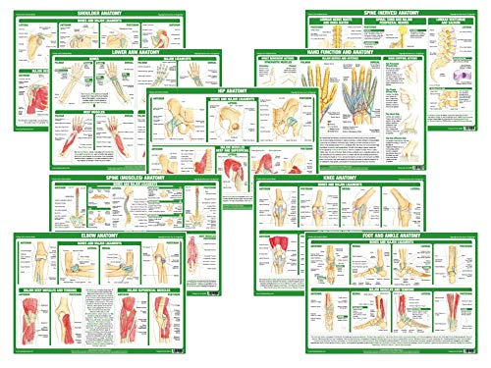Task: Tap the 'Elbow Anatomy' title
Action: point(75,238)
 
